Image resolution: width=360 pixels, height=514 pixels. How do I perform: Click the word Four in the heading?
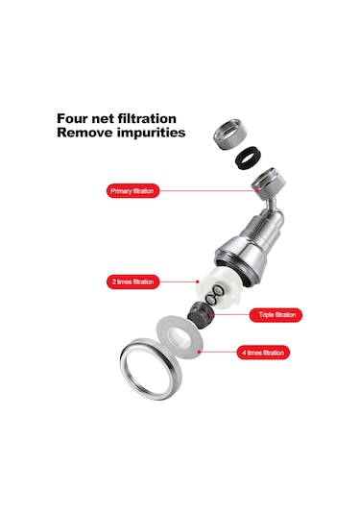point(71,118)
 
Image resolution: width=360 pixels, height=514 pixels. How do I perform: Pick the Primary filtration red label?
point(132,191)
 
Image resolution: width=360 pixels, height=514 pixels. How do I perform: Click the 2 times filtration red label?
point(132,281)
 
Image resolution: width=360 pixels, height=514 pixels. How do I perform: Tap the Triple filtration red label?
point(276,315)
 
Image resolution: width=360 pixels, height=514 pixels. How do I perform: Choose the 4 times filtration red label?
point(263,353)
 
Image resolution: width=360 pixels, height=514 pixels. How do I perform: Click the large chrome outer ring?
point(125,367)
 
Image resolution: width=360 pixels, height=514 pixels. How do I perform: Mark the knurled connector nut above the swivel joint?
point(269,180)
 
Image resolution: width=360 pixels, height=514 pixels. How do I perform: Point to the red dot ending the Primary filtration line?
point(257,190)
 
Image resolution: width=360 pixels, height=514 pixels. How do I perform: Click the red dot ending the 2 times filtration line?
point(198,281)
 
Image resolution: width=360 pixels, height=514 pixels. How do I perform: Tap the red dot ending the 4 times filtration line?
point(200,352)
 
